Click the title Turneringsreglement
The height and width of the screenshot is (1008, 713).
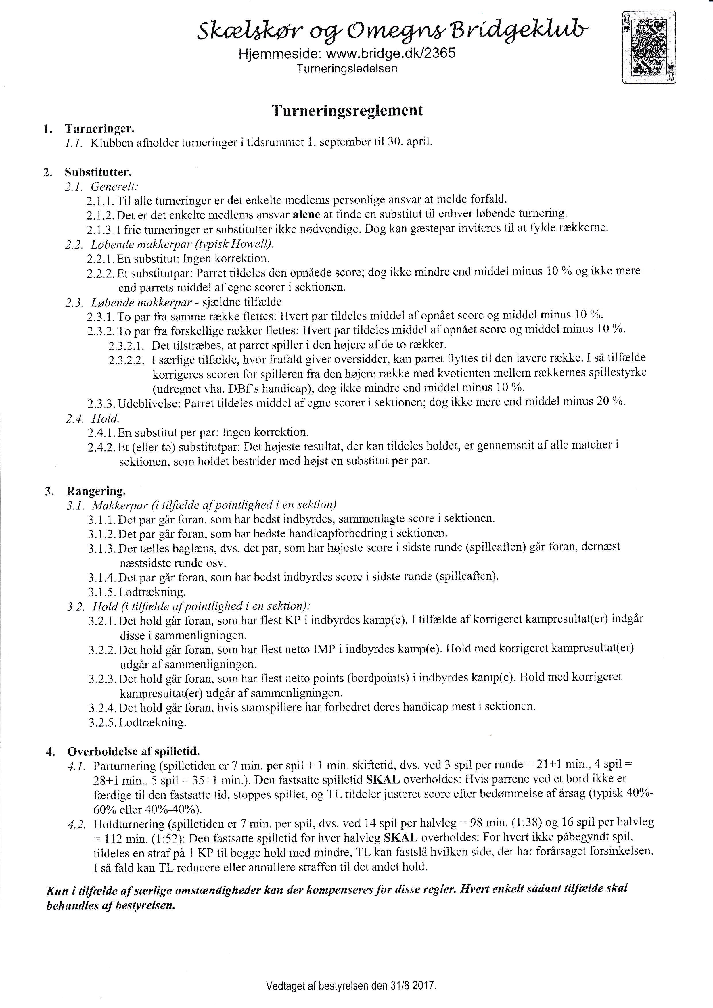[347, 110]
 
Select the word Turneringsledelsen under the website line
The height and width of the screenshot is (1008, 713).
[346, 68]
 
